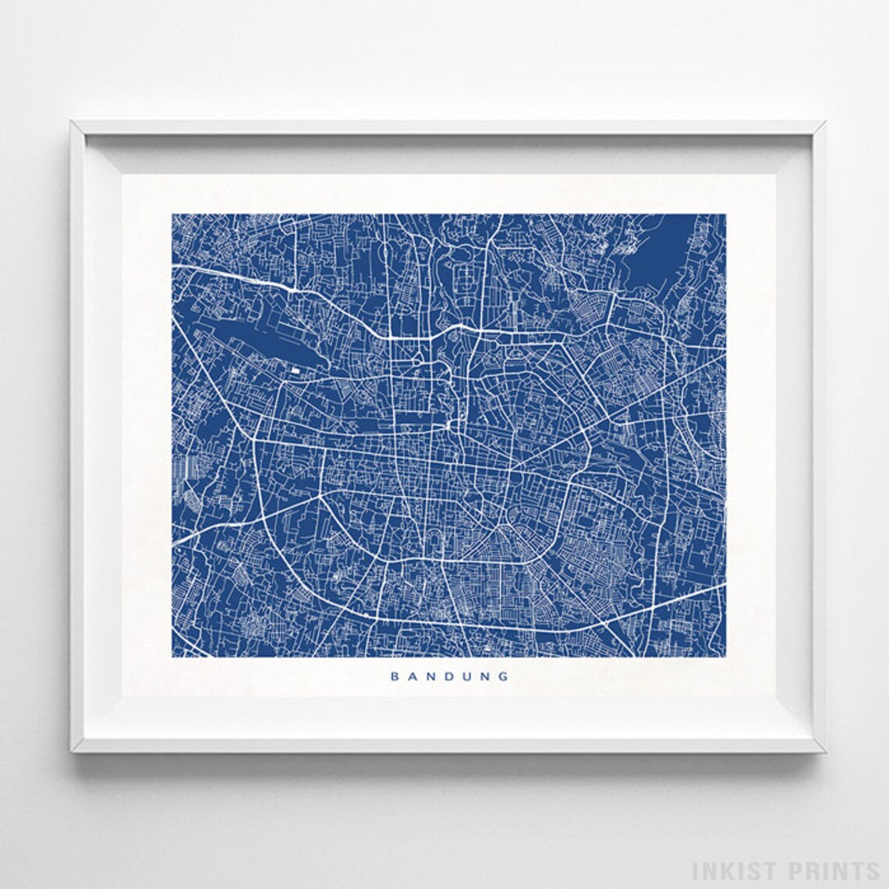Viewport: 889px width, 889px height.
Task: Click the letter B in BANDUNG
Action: pyautogui.click(x=394, y=677)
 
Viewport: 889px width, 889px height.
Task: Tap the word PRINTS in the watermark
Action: pyautogui.click(x=831, y=868)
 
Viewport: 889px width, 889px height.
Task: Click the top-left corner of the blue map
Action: pyautogui.click(x=172, y=214)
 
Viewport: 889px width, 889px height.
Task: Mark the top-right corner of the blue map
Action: pyautogui.click(x=726, y=214)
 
